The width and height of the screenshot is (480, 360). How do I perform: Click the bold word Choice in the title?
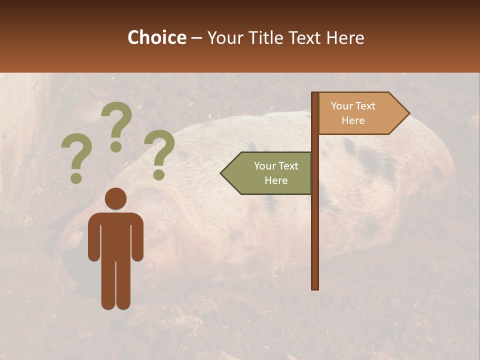[x=156, y=37]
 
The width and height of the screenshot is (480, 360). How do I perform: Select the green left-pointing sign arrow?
[x=267, y=173]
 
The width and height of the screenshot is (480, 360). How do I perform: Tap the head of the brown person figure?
[x=115, y=198]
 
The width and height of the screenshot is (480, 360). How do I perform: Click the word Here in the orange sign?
[x=353, y=120]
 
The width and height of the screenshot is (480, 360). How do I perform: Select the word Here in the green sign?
[x=275, y=180]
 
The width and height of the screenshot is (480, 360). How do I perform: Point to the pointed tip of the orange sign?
[x=408, y=113]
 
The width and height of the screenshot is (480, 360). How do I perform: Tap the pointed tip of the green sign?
[x=222, y=173]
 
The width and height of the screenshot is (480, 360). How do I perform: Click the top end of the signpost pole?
[x=315, y=94]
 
